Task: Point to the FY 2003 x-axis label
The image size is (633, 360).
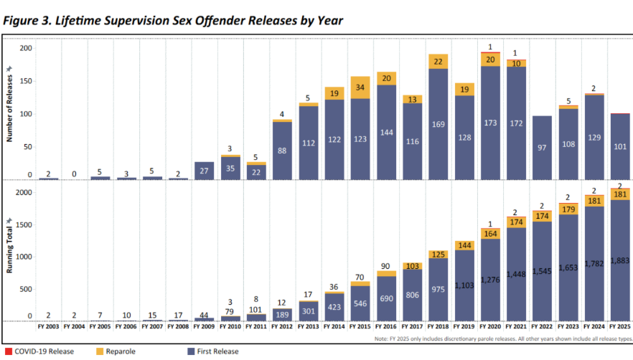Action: pyautogui.click(x=49, y=326)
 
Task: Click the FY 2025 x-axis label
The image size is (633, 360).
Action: pyautogui.click(x=618, y=326)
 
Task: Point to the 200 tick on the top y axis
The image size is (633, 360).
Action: pyautogui.click(x=26, y=48)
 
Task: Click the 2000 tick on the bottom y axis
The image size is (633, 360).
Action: pyautogui.click(x=24, y=193)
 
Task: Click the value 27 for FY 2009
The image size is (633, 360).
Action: pyautogui.click(x=204, y=171)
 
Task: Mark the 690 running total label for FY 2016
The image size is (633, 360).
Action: pyautogui.click(x=386, y=297)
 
